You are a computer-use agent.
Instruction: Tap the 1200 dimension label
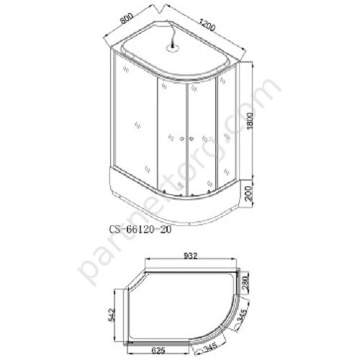(207, 24)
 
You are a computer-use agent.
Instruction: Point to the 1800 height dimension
(250, 121)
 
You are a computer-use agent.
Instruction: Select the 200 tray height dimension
(250, 194)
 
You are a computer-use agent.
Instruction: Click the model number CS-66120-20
(140, 230)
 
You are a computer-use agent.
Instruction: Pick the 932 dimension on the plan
(191, 256)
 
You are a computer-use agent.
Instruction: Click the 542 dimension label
(112, 314)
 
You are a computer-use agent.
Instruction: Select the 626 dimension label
(158, 351)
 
